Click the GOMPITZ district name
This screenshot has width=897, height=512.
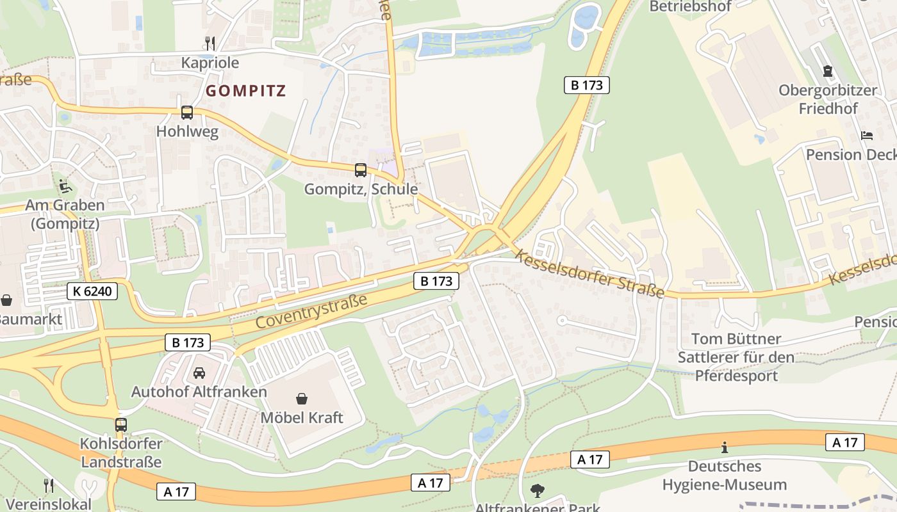(x=246, y=91)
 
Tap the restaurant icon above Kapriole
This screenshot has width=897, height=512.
(x=210, y=43)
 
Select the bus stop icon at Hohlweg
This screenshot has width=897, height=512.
(x=186, y=113)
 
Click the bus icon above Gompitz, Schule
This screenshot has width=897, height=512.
(x=361, y=170)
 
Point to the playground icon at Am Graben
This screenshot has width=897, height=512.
(x=65, y=186)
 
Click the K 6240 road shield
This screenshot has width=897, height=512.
(x=92, y=292)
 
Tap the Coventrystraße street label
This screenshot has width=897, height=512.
(x=312, y=311)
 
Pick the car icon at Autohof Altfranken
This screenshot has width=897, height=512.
(x=199, y=372)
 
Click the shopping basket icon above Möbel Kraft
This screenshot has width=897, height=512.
(x=302, y=399)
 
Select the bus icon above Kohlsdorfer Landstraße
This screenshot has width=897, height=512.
(x=120, y=424)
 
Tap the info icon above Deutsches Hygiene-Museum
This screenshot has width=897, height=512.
(x=725, y=447)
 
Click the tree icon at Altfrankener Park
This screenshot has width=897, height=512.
(x=537, y=491)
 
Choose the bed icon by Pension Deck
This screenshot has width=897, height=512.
(x=866, y=135)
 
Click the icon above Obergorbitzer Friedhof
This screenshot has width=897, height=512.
(x=827, y=70)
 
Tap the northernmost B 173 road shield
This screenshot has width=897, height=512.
(x=586, y=85)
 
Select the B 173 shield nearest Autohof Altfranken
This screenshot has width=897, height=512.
(x=188, y=342)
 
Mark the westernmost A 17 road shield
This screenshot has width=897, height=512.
(x=176, y=492)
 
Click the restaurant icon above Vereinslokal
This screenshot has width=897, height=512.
(x=48, y=485)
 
